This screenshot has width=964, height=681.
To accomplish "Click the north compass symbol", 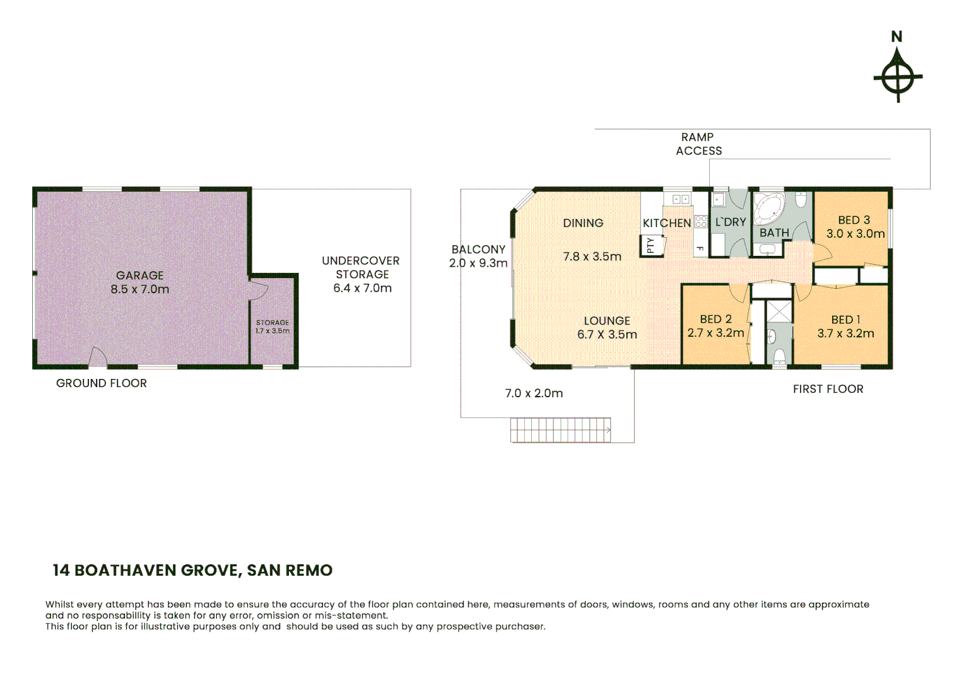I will (897, 78).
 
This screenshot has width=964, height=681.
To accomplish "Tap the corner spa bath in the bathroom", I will (769, 207).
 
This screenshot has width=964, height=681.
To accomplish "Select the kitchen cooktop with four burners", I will (700, 221).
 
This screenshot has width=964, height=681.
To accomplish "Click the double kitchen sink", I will (680, 199).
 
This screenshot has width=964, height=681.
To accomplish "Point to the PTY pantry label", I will (650, 245).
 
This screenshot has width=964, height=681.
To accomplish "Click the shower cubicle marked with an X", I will (779, 311).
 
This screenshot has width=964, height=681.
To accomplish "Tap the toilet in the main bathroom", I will (801, 201).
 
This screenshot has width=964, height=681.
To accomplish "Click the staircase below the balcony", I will (560, 430).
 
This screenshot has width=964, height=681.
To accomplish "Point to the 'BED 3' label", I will (854, 220).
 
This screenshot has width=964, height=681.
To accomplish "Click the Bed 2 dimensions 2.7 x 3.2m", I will (715, 333).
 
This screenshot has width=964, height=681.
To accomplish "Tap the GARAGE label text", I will (139, 276).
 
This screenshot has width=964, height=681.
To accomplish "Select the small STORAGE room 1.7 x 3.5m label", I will (273, 327).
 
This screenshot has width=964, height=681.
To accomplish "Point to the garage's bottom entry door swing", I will (97, 358).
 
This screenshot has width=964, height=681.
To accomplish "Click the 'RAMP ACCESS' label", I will (698, 144).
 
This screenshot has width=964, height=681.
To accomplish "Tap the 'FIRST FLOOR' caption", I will (828, 389).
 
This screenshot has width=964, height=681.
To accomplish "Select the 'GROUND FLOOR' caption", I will (102, 383).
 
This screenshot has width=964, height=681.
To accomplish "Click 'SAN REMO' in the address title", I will (290, 570).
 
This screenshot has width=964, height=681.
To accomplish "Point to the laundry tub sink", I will (718, 200).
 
